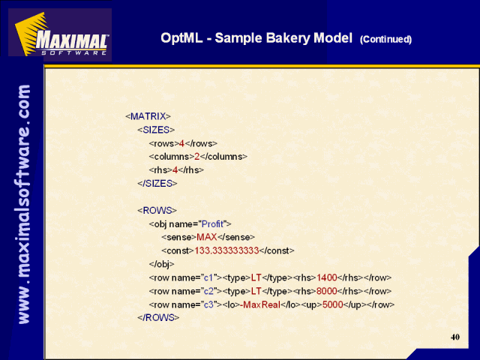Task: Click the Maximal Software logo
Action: click(x=60, y=34)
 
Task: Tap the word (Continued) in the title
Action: click(x=385, y=39)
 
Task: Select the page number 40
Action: click(x=455, y=337)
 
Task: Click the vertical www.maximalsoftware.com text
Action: click(x=24, y=204)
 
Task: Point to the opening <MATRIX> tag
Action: click(x=148, y=116)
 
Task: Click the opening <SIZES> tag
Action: click(x=156, y=130)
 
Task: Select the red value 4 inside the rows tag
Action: click(x=181, y=143)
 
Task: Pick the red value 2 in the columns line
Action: click(x=196, y=157)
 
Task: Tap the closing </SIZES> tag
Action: click(x=157, y=183)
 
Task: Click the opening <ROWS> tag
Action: click(x=157, y=210)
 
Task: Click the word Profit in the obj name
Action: click(x=212, y=223)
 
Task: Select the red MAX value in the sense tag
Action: click(x=207, y=237)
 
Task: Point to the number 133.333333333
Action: click(x=226, y=250)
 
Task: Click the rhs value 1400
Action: click(x=327, y=277)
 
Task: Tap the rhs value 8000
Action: click(x=327, y=291)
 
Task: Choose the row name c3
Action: click(x=208, y=304)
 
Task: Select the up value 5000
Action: click(x=333, y=304)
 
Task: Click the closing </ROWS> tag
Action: click(x=158, y=317)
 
